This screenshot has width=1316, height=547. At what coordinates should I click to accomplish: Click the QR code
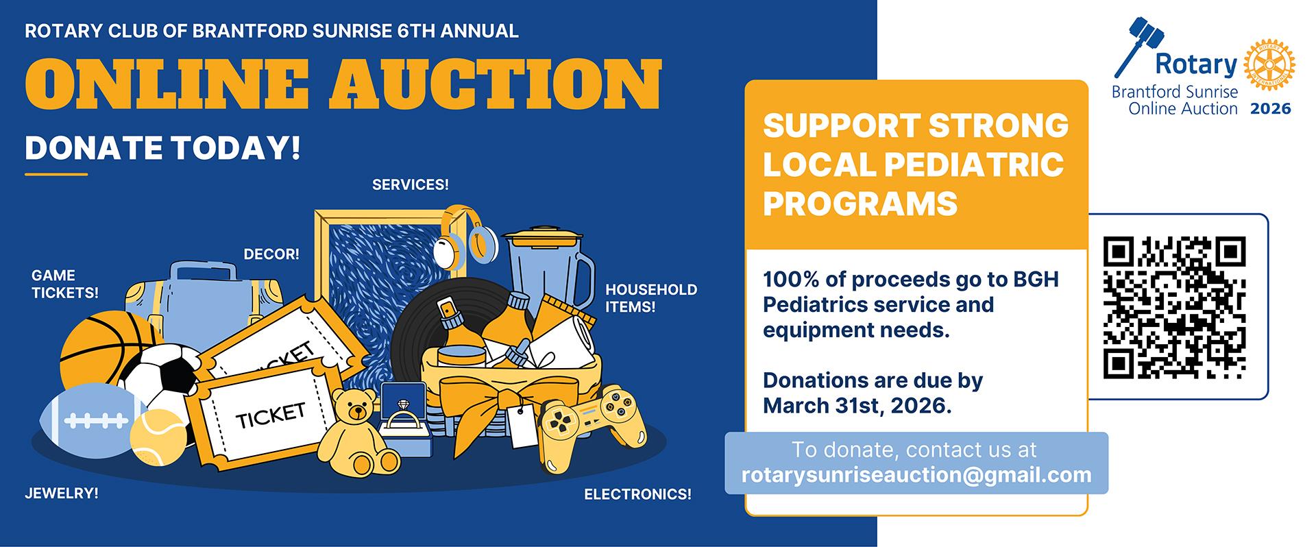(x=1175, y=307)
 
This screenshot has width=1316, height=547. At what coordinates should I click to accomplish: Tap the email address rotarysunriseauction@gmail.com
(x=916, y=475)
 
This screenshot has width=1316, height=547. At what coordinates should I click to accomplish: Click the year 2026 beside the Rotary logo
(x=1270, y=108)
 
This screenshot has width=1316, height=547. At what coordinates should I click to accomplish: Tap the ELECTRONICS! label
(x=637, y=494)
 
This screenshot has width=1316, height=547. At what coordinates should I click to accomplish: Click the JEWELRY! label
(x=62, y=493)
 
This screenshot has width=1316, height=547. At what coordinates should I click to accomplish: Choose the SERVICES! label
(x=411, y=184)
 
